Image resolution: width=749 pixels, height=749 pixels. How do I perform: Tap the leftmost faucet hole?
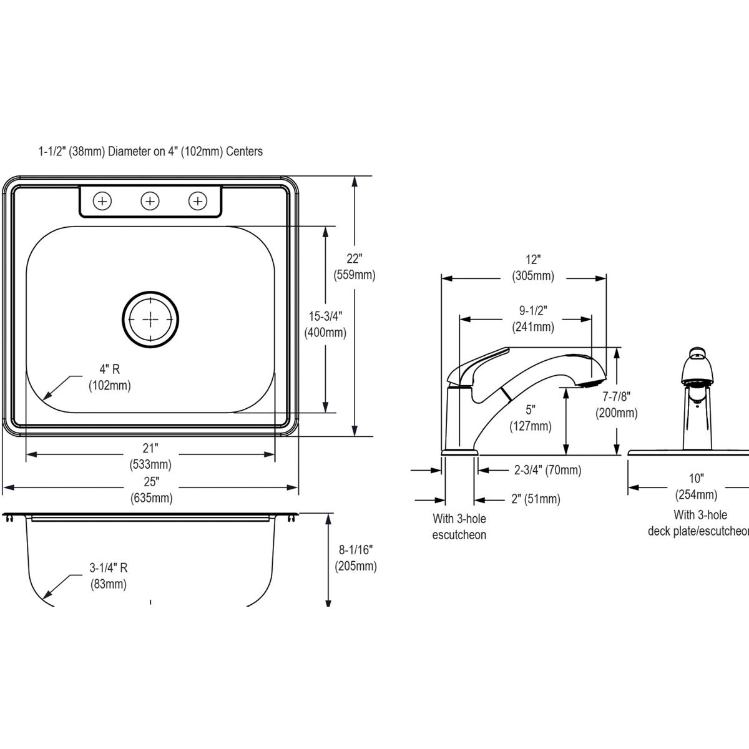102,201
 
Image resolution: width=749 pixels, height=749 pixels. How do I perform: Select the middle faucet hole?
150,201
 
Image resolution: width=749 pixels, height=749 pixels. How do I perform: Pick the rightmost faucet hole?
198,201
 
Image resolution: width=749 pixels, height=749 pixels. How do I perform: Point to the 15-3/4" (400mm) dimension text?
325,325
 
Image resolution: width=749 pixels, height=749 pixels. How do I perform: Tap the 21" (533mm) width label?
150,456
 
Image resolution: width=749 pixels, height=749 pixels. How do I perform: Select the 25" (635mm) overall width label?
151,489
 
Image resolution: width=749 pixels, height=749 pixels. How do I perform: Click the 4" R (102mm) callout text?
110,378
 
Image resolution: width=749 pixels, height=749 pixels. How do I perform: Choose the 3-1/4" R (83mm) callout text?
108,575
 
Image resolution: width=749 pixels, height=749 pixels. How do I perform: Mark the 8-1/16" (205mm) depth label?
355,558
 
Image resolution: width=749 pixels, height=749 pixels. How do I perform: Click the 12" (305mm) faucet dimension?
532,267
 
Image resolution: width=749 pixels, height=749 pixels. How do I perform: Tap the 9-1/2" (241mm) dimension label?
532,318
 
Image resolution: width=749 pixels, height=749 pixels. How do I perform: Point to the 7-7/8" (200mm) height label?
616,404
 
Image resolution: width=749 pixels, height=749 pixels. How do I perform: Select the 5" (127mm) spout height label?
531,418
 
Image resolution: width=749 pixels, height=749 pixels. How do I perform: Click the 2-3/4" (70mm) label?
547,470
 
